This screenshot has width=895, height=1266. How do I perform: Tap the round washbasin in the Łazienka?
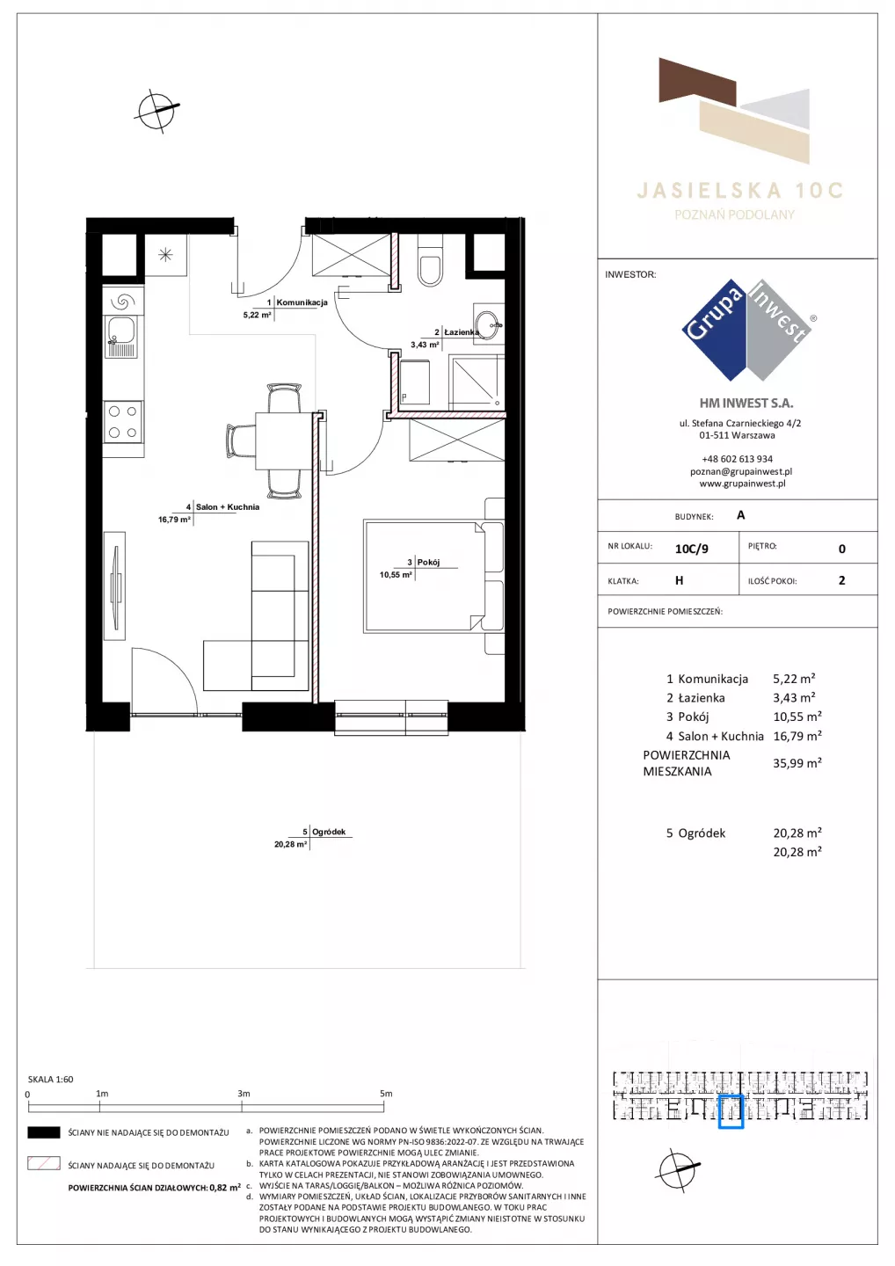point(487,325)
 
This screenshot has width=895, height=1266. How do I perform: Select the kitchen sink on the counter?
point(120,337)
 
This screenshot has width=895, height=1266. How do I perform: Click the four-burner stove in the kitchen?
point(123,422)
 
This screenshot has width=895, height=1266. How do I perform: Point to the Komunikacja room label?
point(302,302)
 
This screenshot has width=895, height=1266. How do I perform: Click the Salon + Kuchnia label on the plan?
point(227,507)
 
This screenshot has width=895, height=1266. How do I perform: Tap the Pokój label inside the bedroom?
point(428,562)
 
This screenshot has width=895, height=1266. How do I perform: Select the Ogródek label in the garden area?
point(328,832)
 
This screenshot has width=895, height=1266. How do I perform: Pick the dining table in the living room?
point(284,440)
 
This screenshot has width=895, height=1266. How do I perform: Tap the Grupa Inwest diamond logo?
point(747,330)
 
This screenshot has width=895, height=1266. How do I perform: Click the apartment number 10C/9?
point(692,549)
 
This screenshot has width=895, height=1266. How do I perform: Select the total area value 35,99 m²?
point(797,763)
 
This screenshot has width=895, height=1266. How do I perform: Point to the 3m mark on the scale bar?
point(244,1094)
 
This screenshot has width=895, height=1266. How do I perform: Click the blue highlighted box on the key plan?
point(731,1111)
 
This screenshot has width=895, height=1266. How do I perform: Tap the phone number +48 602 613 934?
point(738,459)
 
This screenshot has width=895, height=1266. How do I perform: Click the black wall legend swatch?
point(43,1132)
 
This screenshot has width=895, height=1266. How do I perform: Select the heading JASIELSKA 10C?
point(739,191)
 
